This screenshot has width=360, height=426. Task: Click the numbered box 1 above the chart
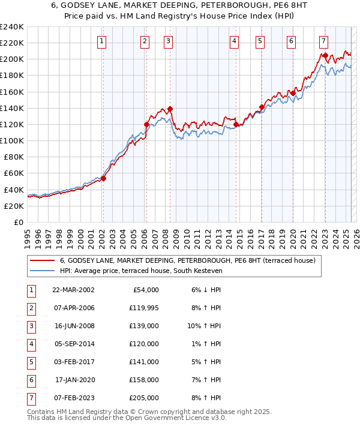point(102,41)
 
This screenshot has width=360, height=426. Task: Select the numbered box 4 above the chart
point(234,41)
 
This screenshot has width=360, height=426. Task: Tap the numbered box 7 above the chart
point(323,41)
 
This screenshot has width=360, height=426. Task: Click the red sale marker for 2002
point(103,178)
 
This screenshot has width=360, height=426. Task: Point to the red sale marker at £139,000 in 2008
point(170,109)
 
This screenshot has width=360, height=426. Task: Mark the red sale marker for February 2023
point(325,55)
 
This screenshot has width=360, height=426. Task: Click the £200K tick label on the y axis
point(11,59)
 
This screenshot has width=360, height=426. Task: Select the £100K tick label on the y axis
point(11,140)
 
